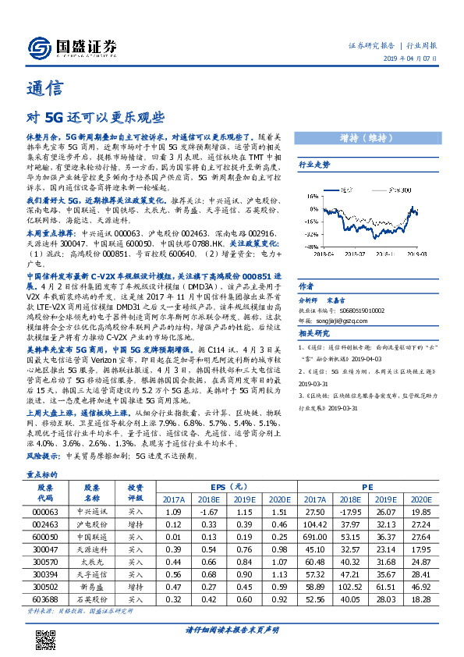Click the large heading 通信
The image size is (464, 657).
tap(45, 87)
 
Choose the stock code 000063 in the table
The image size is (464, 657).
tap(45, 512)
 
